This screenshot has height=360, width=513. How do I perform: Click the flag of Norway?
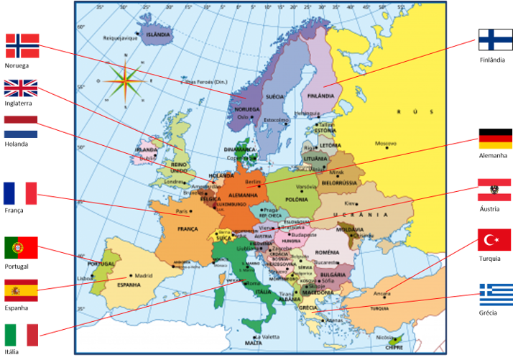[x=22, y=45]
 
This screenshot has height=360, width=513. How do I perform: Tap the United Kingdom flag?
[x=21, y=88]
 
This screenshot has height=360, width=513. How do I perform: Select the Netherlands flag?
[x=21, y=126]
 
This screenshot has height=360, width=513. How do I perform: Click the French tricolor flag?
[x=20, y=193]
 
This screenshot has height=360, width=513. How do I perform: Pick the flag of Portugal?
[x=21, y=247]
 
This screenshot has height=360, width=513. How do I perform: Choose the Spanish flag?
[x=21, y=290]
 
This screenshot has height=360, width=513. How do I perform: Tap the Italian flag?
[x=21, y=335]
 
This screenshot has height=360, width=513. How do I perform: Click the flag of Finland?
[x=495, y=40]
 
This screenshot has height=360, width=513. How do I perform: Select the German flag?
[x=495, y=142]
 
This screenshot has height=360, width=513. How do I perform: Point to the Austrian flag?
[x=494, y=189]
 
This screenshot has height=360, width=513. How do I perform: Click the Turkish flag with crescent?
[x=494, y=239]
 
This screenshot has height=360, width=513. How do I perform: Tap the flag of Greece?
[x=496, y=295]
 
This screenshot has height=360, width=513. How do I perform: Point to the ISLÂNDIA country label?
[x=158, y=34]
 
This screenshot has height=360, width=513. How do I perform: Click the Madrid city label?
[x=144, y=274]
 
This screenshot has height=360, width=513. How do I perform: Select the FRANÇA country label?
[x=188, y=229]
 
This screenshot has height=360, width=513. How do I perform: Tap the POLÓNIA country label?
[x=297, y=199]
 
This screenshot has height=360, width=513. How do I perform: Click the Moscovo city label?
[x=386, y=142]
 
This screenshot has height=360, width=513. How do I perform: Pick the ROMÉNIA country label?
[x=326, y=252]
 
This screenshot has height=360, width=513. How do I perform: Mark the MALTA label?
[x=254, y=343]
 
